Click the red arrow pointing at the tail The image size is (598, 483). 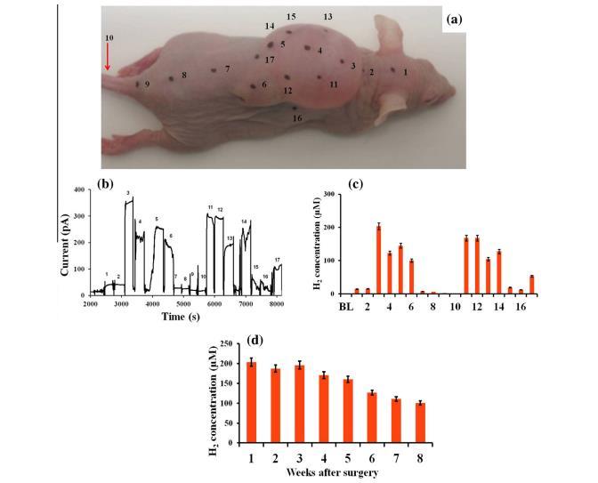point(107,58)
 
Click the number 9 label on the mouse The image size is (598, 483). point(147,84)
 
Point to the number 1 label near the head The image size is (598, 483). point(406,71)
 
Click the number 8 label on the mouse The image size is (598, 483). point(184,76)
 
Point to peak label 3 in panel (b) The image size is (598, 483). point(128,193)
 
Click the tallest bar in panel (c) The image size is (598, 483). point(378,260)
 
